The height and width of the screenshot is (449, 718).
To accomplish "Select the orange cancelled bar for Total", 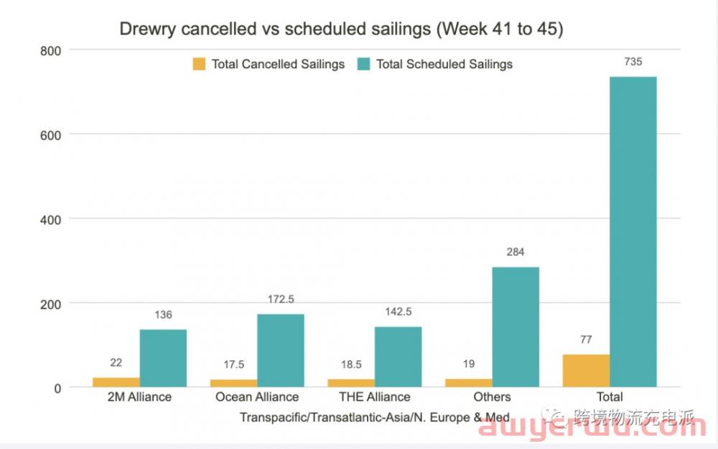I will pyautogui.click(x=586, y=371).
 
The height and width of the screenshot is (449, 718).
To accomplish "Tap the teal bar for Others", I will pyautogui.click(x=516, y=327).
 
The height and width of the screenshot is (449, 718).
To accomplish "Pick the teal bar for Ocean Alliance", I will pyautogui.click(x=281, y=351).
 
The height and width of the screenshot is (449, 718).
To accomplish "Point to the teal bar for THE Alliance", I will pyautogui.click(x=398, y=357).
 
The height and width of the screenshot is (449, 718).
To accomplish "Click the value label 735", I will pyautogui.click(x=633, y=62).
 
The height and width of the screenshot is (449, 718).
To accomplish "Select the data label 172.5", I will pyautogui.click(x=281, y=299).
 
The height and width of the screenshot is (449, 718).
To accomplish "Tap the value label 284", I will pyautogui.click(x=516, y=252).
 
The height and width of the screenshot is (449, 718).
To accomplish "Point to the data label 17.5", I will pyautogui.click(x=234, y=364).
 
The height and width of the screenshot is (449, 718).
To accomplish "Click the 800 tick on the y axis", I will pyautogui.click(x=55, y=50).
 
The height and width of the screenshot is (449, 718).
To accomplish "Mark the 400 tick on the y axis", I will pyautogui.click(x=55, y=219).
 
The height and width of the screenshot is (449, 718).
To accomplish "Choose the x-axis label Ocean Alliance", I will pyautogui.click(x=256, y=397).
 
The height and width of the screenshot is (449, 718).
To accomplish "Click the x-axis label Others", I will pyautogui.click(x=492, y=397).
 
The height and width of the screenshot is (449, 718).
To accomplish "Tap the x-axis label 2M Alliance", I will pyautogui.click(x=139, y=397).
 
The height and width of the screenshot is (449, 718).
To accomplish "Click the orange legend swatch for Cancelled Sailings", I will pyautogui.click(x=199, y=64).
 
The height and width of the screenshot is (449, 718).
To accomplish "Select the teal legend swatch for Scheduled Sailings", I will pyautogui.click(x=363, y=64).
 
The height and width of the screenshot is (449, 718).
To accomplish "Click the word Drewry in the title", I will pyautogui.click(x=146, y=29).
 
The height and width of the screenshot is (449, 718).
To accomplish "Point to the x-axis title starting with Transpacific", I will pyautogui.click(x=374, y=417).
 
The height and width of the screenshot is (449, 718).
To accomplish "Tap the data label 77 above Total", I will pyautogui.click(x=586, y=340).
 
